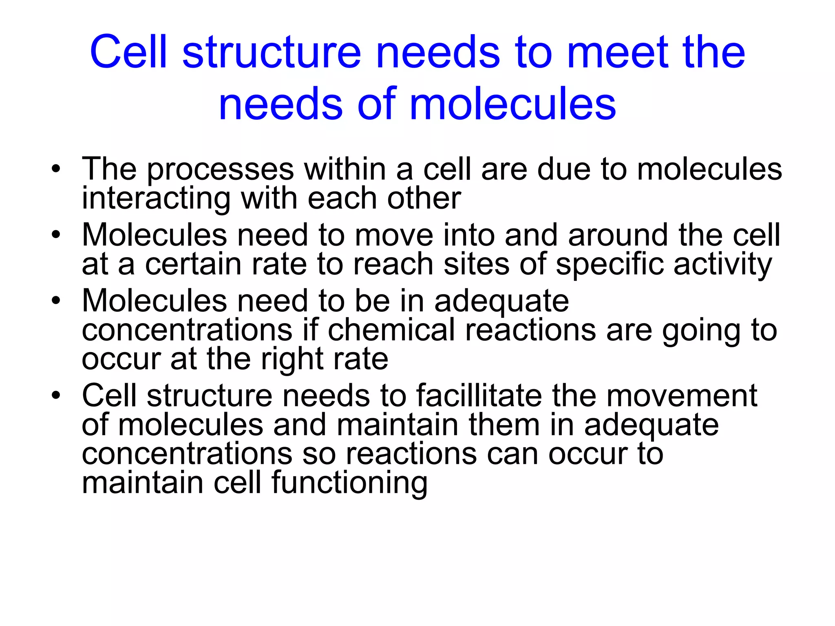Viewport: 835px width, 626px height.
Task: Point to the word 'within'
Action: click(x=345, y=169)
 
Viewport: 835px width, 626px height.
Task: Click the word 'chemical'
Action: click(x=391, y=330)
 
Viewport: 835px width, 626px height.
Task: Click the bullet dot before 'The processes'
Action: click(x=56, y=169)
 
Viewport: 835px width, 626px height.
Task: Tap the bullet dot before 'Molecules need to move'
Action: click(x=56, y=235)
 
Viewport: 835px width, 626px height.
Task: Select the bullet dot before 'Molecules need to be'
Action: click(x=56, y=301)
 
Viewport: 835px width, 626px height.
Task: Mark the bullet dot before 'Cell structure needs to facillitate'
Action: click(x=56, y=396)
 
